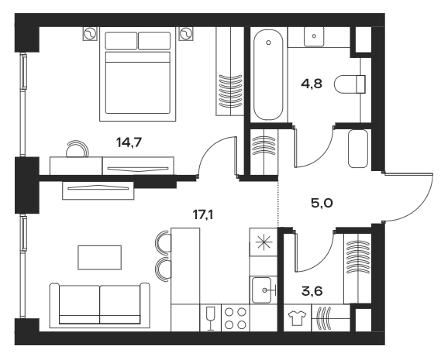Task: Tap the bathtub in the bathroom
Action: (268, 75)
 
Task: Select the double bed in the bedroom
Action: (136, 75)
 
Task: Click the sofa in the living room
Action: (101, 304)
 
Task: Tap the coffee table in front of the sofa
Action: (100, 256)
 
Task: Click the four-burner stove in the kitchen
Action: (235, 318)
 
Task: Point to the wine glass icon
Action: (208, 318)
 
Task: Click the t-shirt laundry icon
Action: (295, 318)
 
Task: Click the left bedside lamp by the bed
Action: (88, 34)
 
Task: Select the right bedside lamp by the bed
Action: (185, 34)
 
